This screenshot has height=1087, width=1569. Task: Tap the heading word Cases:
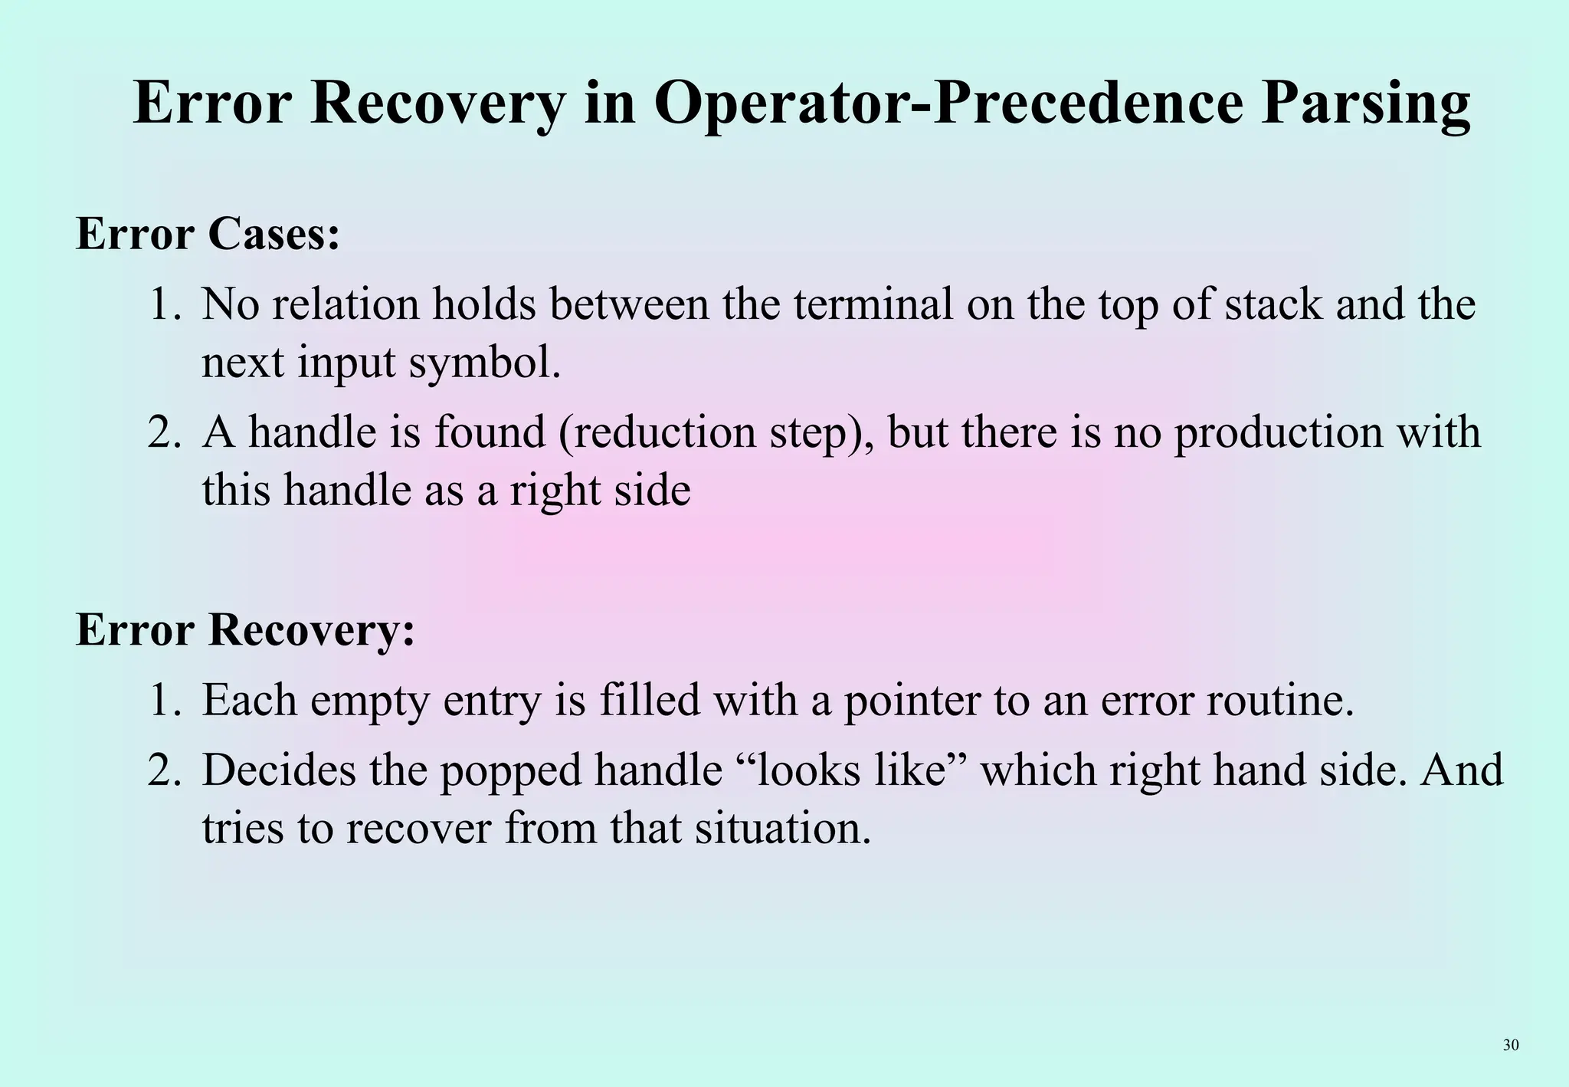point(274,234)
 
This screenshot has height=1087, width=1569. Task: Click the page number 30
point(1511,1045)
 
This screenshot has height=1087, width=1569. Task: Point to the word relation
point(347,304)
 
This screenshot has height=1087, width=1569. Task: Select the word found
point(490,432)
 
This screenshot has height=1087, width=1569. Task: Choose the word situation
point(782,828)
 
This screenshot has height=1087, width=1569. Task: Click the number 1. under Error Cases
point(165,304)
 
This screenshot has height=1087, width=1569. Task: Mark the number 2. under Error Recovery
point(165,770)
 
